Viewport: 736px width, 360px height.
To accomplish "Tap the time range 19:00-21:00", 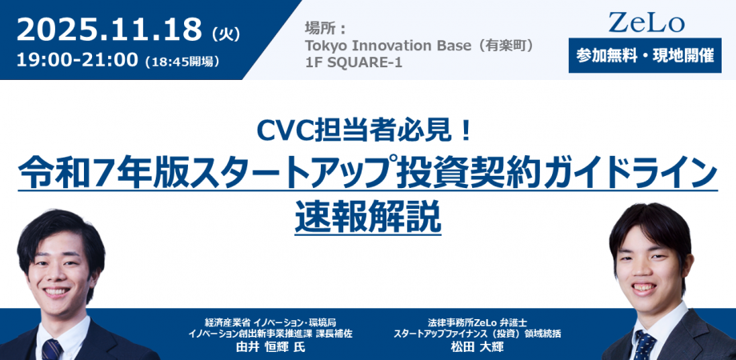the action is pyautogui.click(x=77, y=60).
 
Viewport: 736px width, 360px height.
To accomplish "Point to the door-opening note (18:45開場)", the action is pyautogui.click(x=182, y=61).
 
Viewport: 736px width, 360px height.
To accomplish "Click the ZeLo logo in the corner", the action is pyautogui.click(x=646, y=22).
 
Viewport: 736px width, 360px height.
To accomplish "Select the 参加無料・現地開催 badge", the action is pyautogui.click(x=645, y=56).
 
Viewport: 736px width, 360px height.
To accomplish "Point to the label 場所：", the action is pyautogui.click(x=325, y=29).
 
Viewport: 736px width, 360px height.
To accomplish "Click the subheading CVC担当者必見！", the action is pyautogui.click(x=364, y=132).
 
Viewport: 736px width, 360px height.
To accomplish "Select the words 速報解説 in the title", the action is pyautogui.click(x=368, y=218).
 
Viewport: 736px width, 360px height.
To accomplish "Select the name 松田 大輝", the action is pyautogui.click(x=477, y=347).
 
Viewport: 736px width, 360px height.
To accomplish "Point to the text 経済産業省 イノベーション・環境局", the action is pyautogui.click(x=270, y=322).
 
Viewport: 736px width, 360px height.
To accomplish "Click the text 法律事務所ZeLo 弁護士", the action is pyautogui.click(x=478, y=322).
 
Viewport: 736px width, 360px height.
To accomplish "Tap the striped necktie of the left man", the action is pyautogui.click(x=52, y=350).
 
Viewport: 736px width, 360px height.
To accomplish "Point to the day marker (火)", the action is pyautogui.click(x=226, y=34).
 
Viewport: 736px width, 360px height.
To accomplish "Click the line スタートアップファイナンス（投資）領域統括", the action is pyautogui.click(x=478, y=334).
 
